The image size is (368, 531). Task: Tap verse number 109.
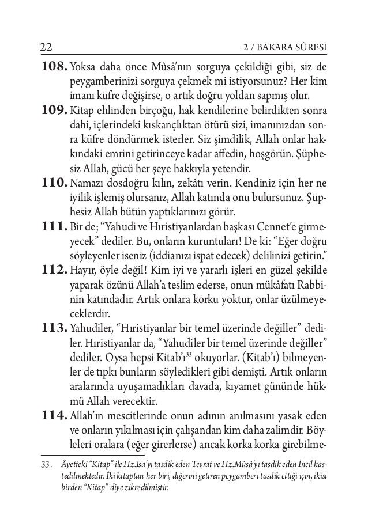[50, 109]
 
